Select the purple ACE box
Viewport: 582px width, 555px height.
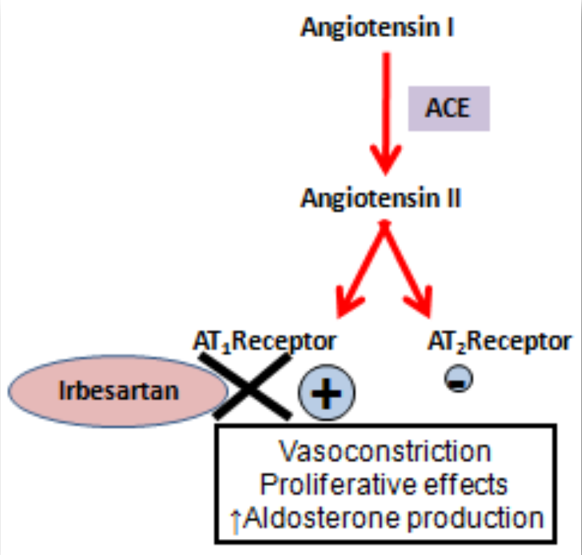448,109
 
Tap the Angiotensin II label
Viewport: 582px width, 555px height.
380,198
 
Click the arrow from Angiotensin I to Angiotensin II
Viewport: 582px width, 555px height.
386,112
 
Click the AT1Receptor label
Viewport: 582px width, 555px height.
264,342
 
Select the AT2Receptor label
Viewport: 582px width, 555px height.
499,342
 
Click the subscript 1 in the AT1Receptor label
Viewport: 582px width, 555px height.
226,346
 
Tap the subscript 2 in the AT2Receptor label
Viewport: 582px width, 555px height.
462,346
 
